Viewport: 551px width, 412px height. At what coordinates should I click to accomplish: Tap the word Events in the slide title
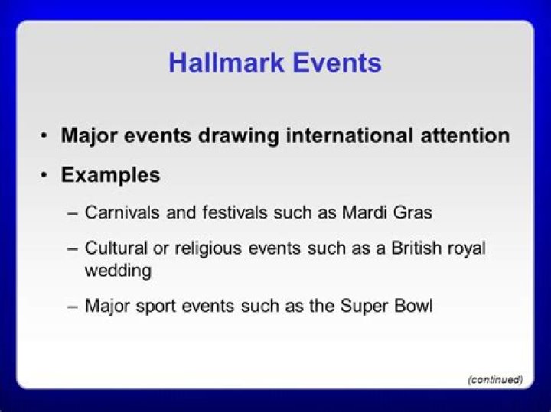pos(334,62)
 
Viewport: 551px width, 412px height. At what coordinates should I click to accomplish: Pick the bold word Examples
pos(111,175)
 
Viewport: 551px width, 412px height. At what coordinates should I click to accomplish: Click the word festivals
pos(217,212)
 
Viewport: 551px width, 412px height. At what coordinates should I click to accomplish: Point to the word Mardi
pos(374,212)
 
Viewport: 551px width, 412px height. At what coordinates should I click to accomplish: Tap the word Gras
pos(416,212)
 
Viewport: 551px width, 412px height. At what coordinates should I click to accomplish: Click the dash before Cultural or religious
pos(73,250)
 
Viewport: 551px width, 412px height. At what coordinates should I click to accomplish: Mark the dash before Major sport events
pos(73,307)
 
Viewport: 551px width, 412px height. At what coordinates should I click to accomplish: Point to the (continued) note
pos(495,378)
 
